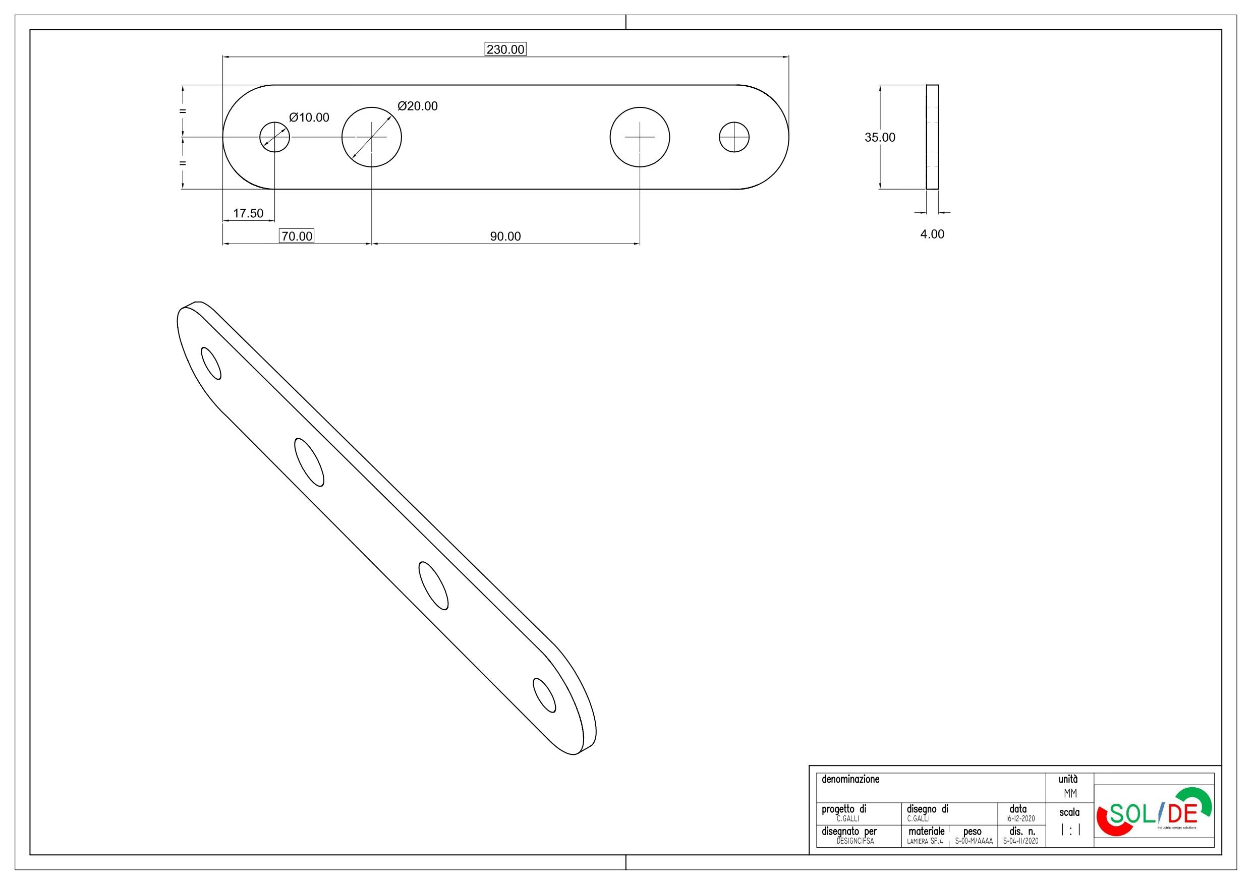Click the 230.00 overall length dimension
(505, 49)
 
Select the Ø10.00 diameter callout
(309, 117)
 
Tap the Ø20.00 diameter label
(418, 106)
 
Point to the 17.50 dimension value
(248, 213)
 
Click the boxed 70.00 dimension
(297, 236)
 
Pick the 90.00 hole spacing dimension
(505, 237)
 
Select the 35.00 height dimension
(880, 137)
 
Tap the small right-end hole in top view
(734, 137)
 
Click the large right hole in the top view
(640, 137)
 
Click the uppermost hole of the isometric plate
(211, 363)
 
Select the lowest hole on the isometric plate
(544, 695)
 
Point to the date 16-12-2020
(1017, 819)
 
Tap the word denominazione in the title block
(850, 779)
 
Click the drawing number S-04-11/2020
(1017, 841)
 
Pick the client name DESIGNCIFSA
(855, 841)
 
